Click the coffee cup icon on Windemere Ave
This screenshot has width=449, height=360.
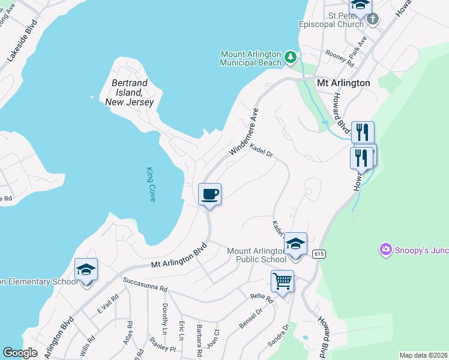point(209,194)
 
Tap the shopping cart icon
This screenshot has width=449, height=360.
point(282,280)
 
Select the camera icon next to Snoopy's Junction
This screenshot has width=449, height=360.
point(385,248)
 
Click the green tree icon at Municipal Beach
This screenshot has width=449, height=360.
point(291,58)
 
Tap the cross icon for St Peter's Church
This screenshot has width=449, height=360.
point(372,19)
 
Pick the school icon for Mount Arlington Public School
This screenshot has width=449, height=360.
point(295,244)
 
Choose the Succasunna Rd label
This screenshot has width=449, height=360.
point(145,284)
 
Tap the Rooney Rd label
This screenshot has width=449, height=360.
point(340,58)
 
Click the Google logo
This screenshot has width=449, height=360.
point(20,353)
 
